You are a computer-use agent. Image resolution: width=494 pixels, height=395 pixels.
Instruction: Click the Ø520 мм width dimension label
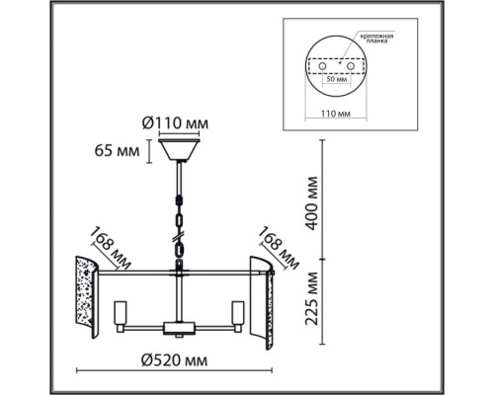click(174, 360)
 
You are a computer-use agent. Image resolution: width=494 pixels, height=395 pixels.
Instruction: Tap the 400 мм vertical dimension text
click(312, 203)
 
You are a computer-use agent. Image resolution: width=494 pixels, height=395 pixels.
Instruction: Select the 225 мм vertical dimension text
click(312, 298)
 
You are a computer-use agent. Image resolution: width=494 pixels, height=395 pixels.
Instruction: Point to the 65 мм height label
click(117, 151)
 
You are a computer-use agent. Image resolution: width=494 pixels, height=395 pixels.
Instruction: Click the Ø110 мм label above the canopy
click(175, 123)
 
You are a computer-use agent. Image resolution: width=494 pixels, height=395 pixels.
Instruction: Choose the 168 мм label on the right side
click(279, 249)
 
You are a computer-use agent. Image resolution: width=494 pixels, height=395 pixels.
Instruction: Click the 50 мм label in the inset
click(336, 79)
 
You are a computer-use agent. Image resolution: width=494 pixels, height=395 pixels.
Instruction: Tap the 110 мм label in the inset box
click(336, 114)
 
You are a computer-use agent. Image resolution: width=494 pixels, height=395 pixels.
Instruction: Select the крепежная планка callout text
click(376, 39)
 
